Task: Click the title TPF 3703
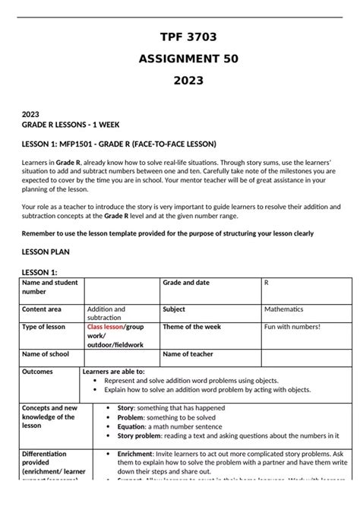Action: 180,37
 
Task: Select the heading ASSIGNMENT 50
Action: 180,59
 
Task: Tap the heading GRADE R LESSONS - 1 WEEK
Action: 69,124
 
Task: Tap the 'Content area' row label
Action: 43,309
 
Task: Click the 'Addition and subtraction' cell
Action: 106,313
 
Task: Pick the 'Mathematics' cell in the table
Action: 283,309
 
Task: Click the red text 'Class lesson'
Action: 106,327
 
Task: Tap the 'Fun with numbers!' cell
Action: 292,327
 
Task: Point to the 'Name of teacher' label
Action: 188,354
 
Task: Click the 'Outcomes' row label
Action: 38,372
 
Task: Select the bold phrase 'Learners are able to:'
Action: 114,372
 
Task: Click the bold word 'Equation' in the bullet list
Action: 134,427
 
